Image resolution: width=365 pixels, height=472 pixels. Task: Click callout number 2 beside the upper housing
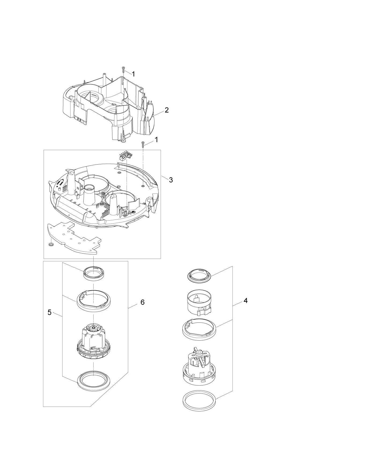[167, 110]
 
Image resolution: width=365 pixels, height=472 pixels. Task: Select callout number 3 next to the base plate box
[171, 180]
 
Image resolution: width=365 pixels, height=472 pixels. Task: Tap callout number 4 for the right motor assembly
[245, 301]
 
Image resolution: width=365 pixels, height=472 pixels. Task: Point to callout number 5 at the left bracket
[49, 313]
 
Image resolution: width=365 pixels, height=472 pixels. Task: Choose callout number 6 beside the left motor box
[142, 302]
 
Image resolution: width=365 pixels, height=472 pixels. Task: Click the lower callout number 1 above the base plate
[156, 140]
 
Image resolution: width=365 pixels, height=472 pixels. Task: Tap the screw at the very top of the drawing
[123, 69]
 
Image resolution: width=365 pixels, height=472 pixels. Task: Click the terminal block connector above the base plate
[126, 156]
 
